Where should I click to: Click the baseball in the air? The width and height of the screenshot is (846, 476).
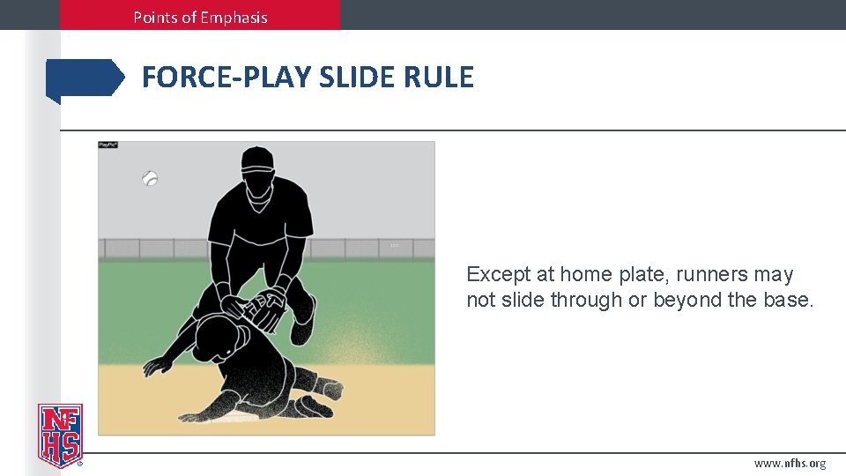point(151,178)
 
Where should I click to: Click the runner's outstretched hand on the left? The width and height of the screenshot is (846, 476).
point(158,364)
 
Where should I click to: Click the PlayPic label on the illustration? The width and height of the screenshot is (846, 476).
point(108,145)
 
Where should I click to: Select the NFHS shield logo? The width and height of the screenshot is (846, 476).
point(60,435)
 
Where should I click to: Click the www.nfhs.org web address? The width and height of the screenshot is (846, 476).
point(790,464)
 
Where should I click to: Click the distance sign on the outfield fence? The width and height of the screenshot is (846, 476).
point(394,245)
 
